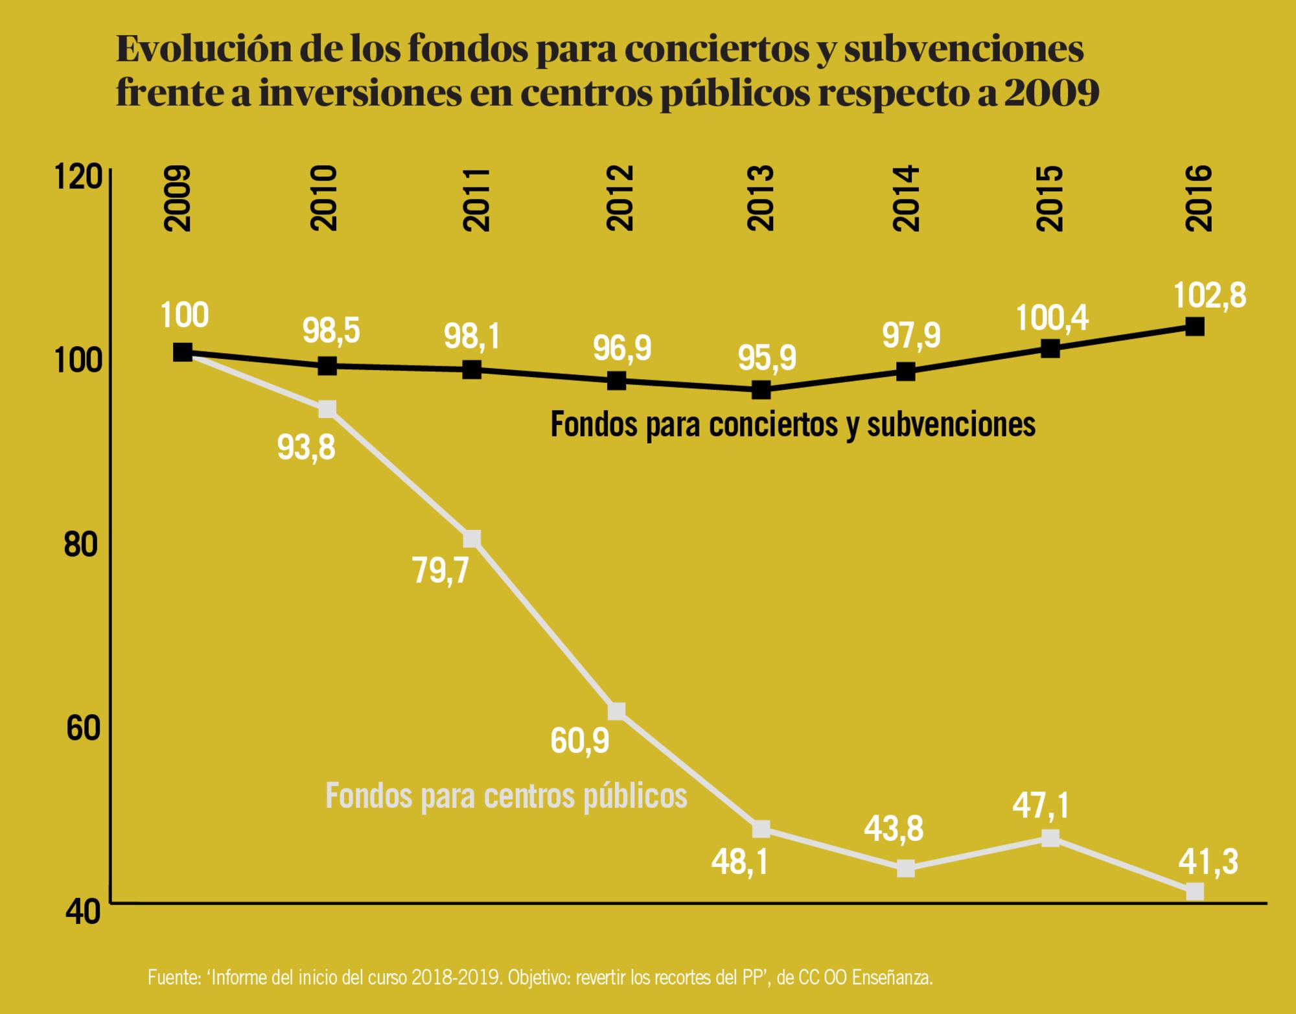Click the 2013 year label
click(x=761, y=198)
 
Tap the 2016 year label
click(x=1198, y=198)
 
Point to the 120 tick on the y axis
click(x=78, y=177)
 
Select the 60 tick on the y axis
click(x=84, y=728)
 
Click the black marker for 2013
click(x=761, y=390)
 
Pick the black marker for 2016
click(x=1195, y=327)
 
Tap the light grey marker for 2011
click(x=472, y=538)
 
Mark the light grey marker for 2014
click(x=906, y=869)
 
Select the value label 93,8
click(x=306, y=447)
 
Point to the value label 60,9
click(x=580, y=741)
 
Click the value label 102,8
click(x=1210, y=295)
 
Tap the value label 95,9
click(x=767, y=358)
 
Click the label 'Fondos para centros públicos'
click(x=506, y=796)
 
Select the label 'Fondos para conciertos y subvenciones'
click(x=793, y=425)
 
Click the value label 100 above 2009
click(x=184, y=316)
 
